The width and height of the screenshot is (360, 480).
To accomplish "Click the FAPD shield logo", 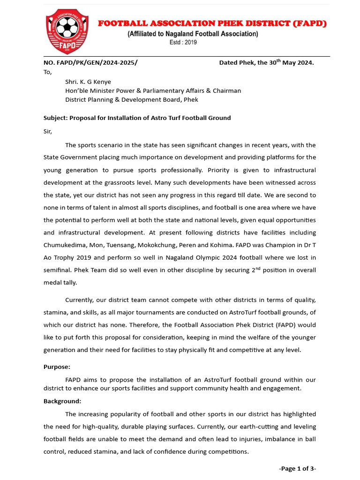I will coord(67,31).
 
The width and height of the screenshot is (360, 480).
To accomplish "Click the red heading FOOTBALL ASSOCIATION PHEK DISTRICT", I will coord(212,23).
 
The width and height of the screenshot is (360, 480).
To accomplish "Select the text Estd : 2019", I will coord(183,42).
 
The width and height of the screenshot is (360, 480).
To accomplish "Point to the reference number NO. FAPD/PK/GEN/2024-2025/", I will coord(90,63).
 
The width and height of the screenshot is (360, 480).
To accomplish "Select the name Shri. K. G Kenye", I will coord(88,82).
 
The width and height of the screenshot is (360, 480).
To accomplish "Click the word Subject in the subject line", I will coord(55,118).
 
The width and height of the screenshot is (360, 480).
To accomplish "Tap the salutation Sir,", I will coord(48,131).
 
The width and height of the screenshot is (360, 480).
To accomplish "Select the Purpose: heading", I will coord(57,367).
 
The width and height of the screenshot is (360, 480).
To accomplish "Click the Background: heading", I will coord(62,401).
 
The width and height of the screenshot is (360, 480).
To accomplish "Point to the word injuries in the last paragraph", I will coord(253,439).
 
